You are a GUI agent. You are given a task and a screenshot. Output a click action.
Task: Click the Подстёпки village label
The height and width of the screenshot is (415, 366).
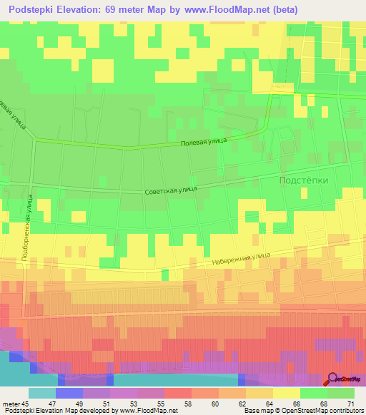click(x=303, y=180)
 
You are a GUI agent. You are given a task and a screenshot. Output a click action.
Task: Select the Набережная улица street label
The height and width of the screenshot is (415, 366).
click(x=240, y=260)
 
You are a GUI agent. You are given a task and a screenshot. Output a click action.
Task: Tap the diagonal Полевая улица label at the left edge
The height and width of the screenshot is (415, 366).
click(x=14, y=111)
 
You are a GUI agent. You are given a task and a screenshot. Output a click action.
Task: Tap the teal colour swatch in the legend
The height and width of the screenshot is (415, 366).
click(x=41, y=393)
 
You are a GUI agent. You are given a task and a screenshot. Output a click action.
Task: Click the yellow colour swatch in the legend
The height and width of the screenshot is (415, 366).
click(x=286, y=393)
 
